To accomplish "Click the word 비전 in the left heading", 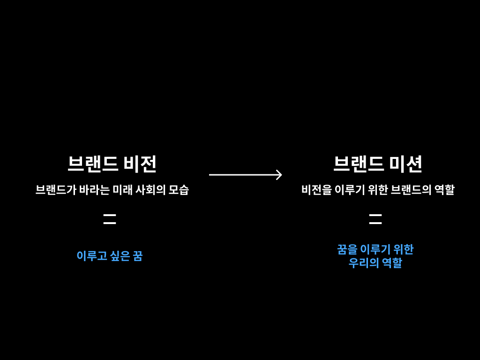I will (x=140, y=164).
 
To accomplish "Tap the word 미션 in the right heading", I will (x=406, y=164).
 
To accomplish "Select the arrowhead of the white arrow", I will (x=279, y=175).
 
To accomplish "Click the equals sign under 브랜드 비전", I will (x=110, y=219).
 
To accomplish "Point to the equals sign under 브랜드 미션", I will (x=375, y=219).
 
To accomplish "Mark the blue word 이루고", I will (x=91, y=256).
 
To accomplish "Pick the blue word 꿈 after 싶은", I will (x=137, y=256).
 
